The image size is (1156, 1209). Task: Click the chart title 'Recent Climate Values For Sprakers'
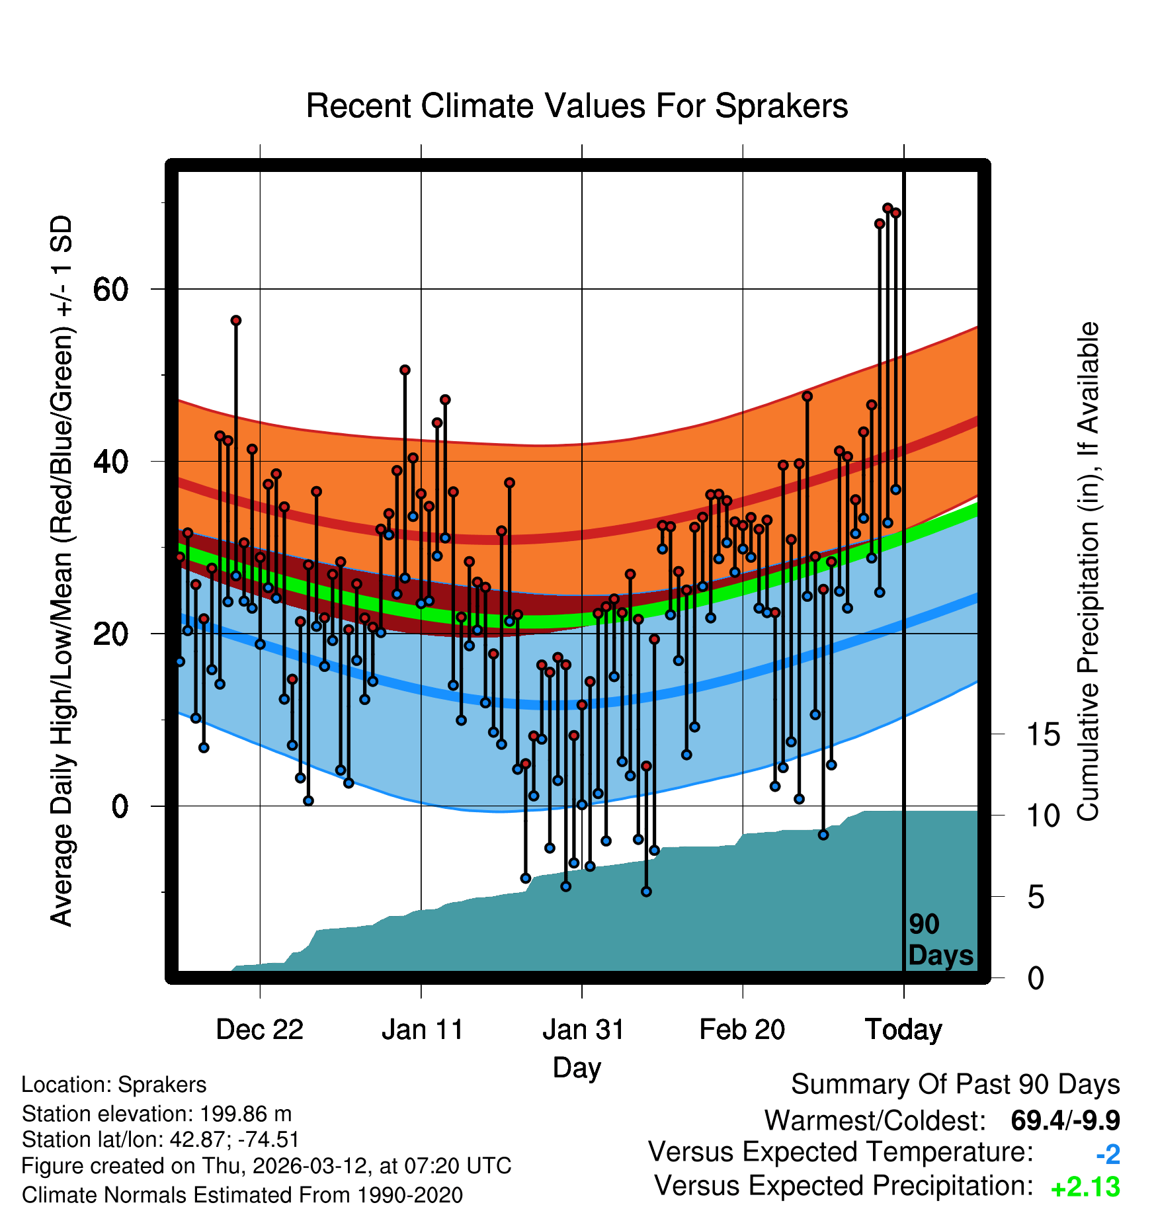coord(577,106)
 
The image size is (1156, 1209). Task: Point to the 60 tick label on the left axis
coord(110,289)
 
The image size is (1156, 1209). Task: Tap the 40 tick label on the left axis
coord(110,462)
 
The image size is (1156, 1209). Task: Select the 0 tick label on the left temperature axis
coord(120,806)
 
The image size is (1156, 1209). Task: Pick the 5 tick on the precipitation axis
coord(1036,897)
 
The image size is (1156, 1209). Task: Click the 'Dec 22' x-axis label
coord(259,1029)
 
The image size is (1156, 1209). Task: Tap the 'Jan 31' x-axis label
coord(583,1029)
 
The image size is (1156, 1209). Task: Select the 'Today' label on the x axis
coord(903,1029)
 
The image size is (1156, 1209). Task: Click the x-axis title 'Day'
coord(577,1067)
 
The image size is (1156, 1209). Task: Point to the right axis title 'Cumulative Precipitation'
coord(1088,571)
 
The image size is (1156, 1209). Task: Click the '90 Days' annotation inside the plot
coord(940,940)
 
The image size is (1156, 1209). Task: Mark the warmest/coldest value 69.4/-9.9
coord(1065,1120)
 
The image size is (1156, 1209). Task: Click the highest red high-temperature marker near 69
coord(888,208)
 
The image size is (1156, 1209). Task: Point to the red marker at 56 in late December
coord(236,321)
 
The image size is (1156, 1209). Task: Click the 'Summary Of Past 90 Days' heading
coord(955,1085)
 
